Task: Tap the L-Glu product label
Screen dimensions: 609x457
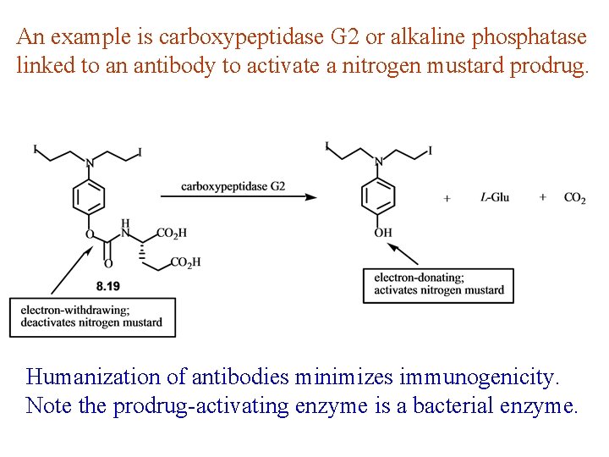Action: click(495, 197)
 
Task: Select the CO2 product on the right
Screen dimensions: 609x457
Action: click(574, 197)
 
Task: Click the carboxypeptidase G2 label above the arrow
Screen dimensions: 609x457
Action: click(233, 186)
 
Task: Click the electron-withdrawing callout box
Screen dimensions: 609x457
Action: click(92, 317)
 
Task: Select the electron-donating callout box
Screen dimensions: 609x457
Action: click(438, 285)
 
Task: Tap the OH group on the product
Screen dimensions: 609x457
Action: click(382, 232)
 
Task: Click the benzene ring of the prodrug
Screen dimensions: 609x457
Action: click(89, 198)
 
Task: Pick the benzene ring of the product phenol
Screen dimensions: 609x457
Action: click(377, 196)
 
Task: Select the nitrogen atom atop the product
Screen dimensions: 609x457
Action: click(378, 162)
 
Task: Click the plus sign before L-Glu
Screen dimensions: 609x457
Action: click(447, 198)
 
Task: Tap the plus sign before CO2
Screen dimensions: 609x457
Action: click(542, 197)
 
